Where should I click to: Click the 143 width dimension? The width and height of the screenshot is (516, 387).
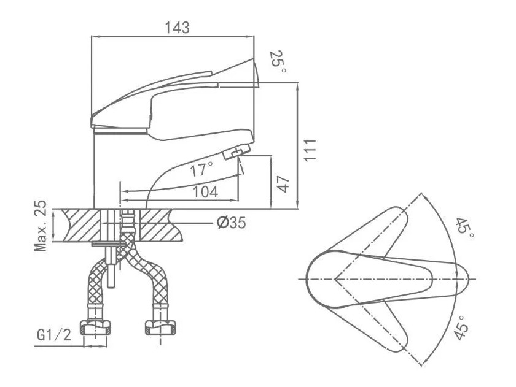tap(177, 28)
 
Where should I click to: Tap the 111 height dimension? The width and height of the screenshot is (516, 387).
tap(310, 150)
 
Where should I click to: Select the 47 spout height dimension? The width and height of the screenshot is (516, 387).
tap(283, 185)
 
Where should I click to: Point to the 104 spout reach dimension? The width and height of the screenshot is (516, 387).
tap(205, 192)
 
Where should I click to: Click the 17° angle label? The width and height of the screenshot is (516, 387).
tap(201, 169)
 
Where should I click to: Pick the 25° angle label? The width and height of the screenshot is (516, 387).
tap(278, 62)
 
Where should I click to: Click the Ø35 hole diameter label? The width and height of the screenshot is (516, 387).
tap(232, 223)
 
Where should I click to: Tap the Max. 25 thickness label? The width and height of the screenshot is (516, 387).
tap(41, 226)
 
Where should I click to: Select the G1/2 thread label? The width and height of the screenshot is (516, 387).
tap(54, 335)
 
